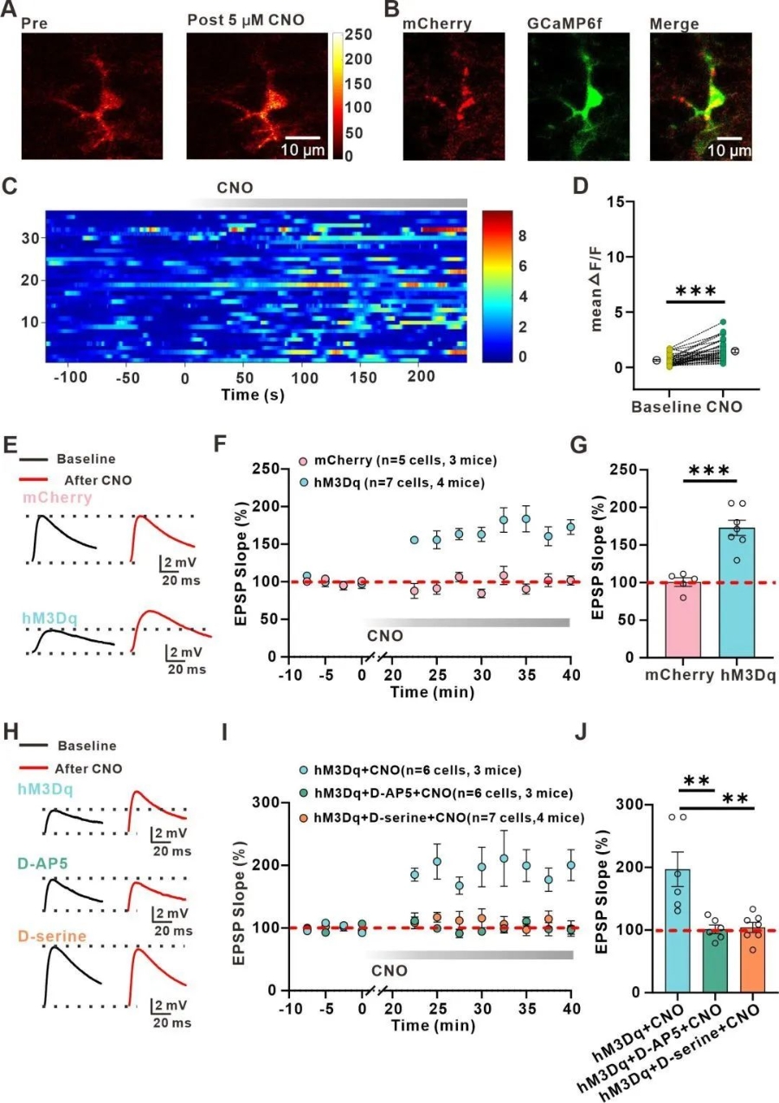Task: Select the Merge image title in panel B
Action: (674, 23)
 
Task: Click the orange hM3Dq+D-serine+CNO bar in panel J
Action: (753, 959)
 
